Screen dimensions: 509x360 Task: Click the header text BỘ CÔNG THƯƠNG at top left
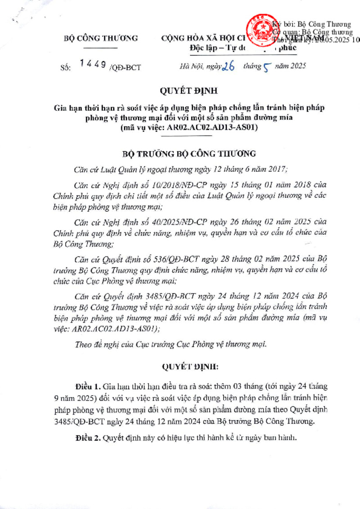click(x=101, y=38)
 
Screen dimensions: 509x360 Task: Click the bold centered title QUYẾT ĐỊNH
click(x=189, y=91)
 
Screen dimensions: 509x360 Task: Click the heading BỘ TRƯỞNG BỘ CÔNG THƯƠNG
click(x=189, y=154)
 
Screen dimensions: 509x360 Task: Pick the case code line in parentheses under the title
click(x=189, y=127)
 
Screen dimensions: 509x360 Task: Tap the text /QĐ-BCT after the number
click(x=125, y=67)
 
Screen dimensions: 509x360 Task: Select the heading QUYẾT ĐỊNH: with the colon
click(x=189, y=367)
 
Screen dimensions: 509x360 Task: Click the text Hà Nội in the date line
click(x=190, y=67)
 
